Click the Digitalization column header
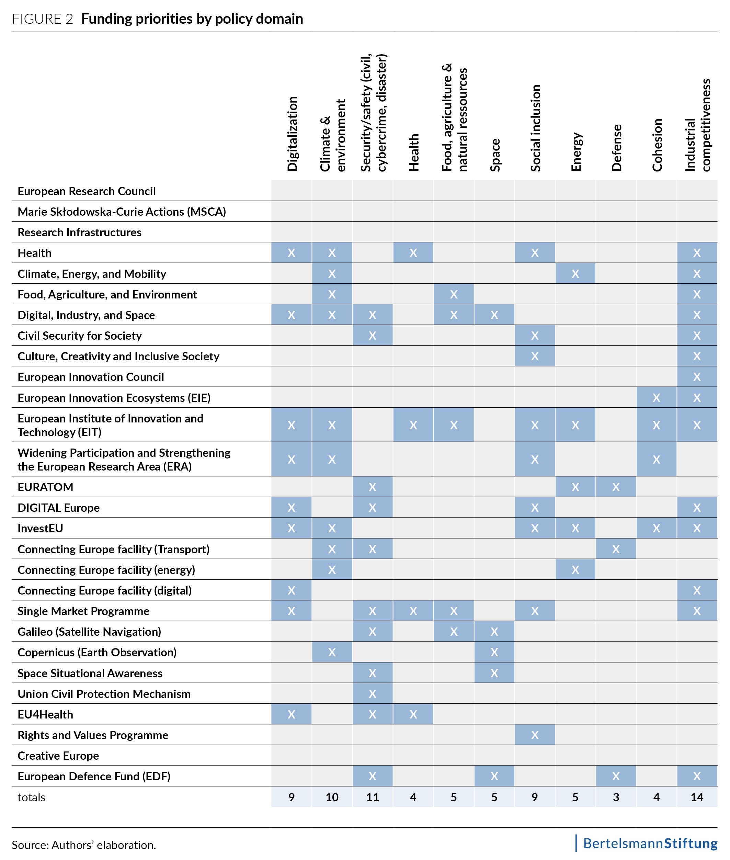pos(292,134)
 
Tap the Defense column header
pos(616,148)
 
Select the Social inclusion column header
pos(536,128)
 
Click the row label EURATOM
pos(46,487)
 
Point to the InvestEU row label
pos(40,529)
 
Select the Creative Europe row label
pos(58,756)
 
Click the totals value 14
pos(697,797)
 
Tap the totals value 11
pos(373,797)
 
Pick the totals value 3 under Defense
pos(616,797)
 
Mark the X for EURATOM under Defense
pos(616,487)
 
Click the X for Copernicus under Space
pos(494,652)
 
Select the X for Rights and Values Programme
pos(535,735)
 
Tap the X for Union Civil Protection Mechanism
pos(373,694)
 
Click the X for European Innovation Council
pos(697,377)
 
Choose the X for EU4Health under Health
pos(413,714)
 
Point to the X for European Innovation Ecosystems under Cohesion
pos(656,398)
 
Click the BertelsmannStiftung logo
pos(650,844)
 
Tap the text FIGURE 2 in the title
pos(43,19)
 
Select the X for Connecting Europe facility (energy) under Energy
pos(575,570)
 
